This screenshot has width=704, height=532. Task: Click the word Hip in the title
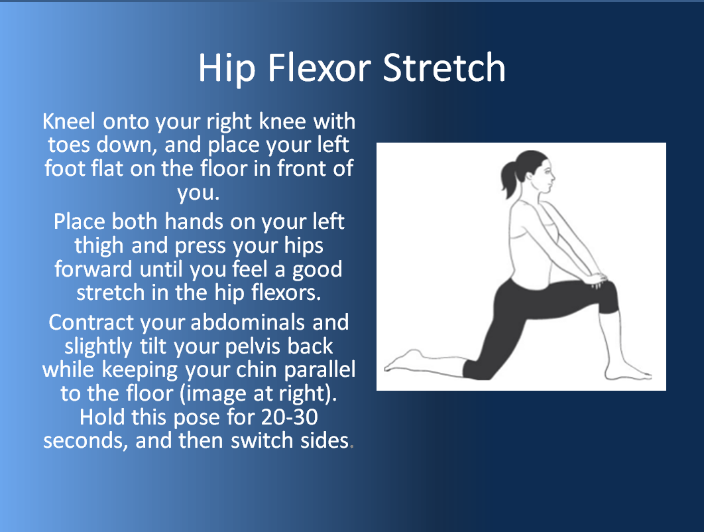click(227, 69)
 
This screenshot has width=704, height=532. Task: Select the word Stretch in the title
click(444, 68)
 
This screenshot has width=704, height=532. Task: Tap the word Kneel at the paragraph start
click(69, 121)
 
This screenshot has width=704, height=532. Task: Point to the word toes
click(68, 145)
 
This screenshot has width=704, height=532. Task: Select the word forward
click(93, 269)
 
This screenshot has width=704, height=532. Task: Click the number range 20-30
click(290, 417)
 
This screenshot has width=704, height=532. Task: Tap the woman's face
click(545, 175)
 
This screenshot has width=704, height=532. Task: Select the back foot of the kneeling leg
click(404, 361)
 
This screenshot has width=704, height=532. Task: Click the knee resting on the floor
click(477, 370)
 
